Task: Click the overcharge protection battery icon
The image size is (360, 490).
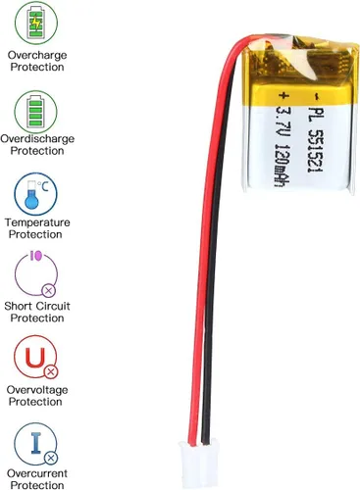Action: point(36,23)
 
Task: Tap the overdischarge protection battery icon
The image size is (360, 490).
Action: point(36,111)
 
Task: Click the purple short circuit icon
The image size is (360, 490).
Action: point(36,273)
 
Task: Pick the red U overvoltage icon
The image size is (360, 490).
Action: point(35,357)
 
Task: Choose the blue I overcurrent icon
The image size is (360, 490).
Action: point(36,444)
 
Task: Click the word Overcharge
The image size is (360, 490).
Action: point(37,55)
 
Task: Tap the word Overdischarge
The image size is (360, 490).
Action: point(37,139)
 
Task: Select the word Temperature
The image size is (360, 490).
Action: point(37,222)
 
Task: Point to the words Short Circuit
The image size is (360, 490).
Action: point(37,306)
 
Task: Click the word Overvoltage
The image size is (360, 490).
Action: point(37,390)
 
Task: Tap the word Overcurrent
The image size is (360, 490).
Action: point(37,473)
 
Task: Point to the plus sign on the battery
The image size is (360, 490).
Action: point(283,96)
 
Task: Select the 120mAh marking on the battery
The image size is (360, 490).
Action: point(281,167)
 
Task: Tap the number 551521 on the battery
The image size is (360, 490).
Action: point(316,149)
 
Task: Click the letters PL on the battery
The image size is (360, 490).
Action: point(316,113)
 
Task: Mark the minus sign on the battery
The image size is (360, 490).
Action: point(316,96)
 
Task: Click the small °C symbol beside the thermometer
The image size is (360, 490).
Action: point(42,186)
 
